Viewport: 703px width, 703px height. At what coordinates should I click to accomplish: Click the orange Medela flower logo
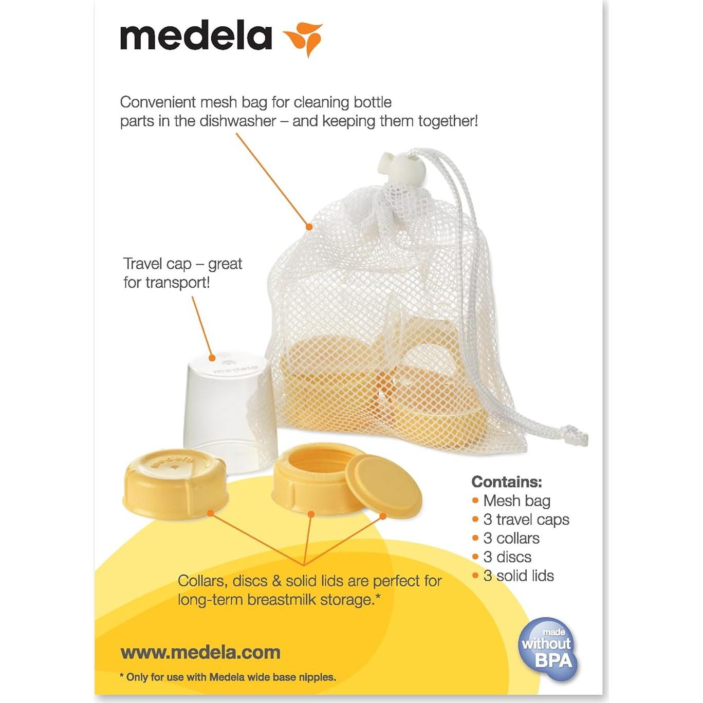pos(304,38)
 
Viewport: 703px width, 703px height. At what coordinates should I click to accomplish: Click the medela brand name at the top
pos(196,36)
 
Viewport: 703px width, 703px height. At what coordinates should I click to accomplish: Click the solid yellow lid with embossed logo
pos(175,482)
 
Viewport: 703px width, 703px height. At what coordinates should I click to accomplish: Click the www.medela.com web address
pos(200,653)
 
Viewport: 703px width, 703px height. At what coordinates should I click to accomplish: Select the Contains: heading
pos(506,482)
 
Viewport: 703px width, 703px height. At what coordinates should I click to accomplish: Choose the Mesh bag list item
pos(516,501)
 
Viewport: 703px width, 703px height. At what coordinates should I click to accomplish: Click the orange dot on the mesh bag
pos(309,227)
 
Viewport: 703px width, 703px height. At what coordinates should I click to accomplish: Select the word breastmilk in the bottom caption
pos(281,600)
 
